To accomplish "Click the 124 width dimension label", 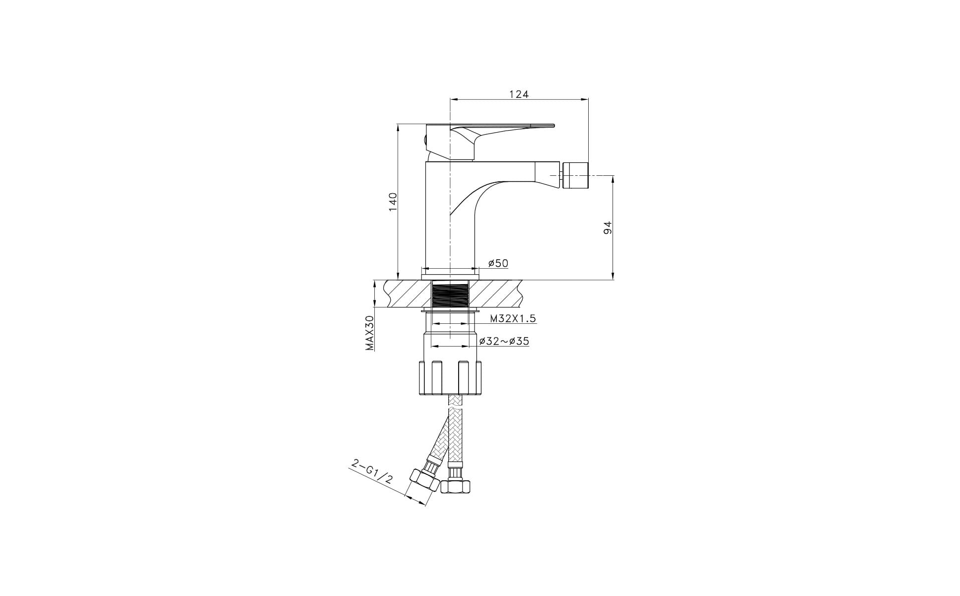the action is click(x=519, y=94).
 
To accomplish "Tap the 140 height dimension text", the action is click(x=393, y=202).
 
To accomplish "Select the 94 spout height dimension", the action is click(x=608, y=227).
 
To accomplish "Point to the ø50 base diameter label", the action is click(x=498, y=263).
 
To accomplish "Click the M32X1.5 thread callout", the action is click(x=513, y=318).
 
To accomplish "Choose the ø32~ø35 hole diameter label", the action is click(x=504, y=341).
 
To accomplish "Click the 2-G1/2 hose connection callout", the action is click(x=372, y=472).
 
